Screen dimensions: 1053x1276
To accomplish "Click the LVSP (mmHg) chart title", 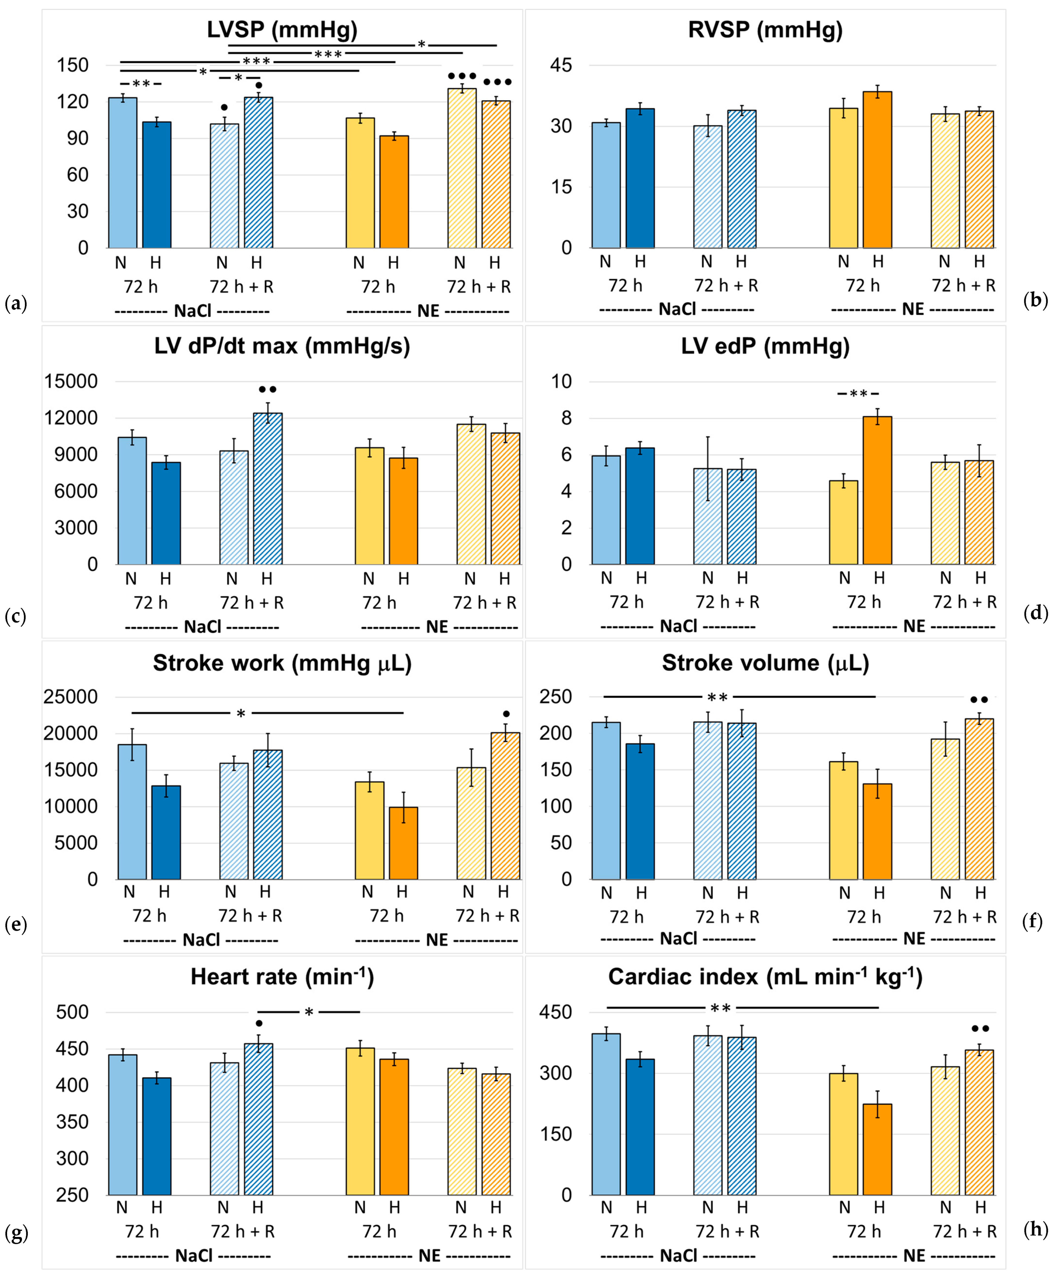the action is coord(282,30).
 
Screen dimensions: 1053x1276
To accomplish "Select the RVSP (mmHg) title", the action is coord(765,30).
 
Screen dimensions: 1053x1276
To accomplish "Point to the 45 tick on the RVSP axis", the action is coord(561,65).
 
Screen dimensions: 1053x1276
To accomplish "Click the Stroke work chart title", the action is coord(282,663).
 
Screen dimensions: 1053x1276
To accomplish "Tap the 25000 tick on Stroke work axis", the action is coord(70,697).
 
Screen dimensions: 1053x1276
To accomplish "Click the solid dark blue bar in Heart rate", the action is coord(157,1137).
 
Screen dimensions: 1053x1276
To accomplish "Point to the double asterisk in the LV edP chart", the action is coord(858,394).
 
